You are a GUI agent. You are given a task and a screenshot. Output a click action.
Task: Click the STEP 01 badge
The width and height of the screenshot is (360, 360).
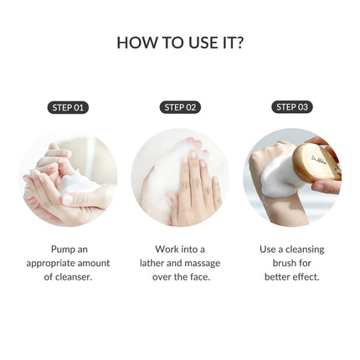(x=68, y=107)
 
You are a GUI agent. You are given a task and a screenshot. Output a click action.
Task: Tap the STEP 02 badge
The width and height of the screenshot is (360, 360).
(x=180, y=107)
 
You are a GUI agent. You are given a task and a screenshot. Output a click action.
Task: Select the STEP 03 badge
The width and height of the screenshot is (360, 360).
(x=291, y=107)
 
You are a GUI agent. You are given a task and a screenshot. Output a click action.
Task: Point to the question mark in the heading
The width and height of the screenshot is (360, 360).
(x=239, y=43)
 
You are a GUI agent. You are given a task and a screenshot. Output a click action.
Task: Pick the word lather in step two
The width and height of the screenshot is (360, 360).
(x=155, y=263)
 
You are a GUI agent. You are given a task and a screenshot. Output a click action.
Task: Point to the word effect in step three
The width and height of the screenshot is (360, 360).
(x=305, y=276)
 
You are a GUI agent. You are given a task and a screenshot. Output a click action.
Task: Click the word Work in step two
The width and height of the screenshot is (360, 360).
(x=167, y=249)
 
